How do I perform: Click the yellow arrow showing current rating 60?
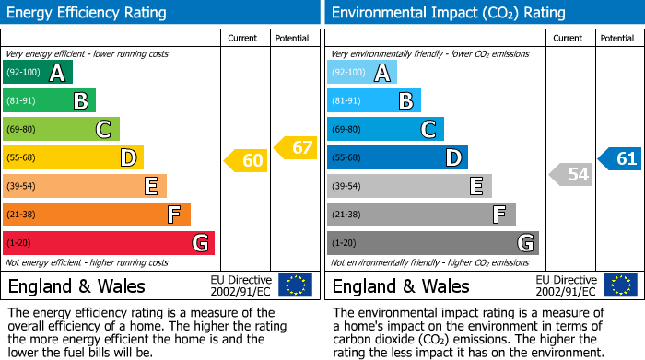click(x=246, y=161)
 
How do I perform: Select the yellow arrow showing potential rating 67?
click(x=295, y=147)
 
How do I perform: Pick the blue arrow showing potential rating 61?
click(x=619, y=159)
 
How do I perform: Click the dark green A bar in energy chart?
click(x=38, y=73)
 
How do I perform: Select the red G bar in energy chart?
click(x=109, y=243)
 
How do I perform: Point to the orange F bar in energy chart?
click(x=97, y=215)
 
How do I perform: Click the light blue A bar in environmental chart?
click(x=362, y=73)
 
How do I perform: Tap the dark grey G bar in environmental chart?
click(x=433, y=243)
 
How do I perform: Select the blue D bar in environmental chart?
click(x=397, y=157)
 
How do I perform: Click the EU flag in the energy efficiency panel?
click(x=295, y=285)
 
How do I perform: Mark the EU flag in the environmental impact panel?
click(x=619, y=285)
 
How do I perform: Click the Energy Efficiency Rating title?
click(x=88, y=13)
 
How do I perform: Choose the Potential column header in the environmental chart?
click(x=617, y=38)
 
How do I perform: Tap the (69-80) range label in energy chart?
click(x=22, y=130)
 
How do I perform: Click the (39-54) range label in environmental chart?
click(x=346, y=187)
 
